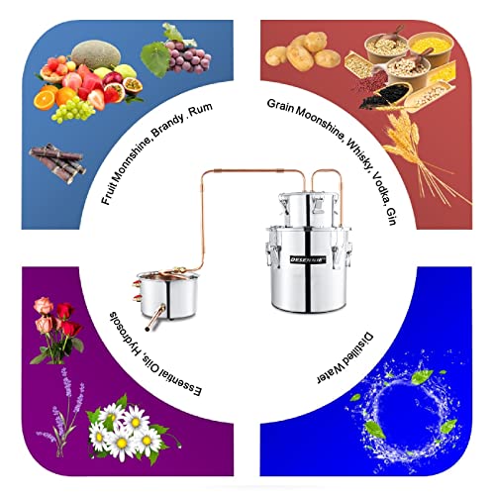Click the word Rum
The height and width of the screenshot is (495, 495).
[200, 110]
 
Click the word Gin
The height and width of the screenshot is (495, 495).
[391, 217]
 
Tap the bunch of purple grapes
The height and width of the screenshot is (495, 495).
[188, 56]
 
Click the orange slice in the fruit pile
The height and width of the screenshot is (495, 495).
[45, 99]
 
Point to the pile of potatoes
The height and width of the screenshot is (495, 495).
[302, 51]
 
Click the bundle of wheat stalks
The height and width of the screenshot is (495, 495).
[426, 158]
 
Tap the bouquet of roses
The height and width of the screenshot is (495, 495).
[56, 330]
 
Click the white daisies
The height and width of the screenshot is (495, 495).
[126, 429]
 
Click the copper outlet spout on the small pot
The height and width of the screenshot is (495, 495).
[155, 318]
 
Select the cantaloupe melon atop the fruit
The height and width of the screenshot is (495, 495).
[96, 54]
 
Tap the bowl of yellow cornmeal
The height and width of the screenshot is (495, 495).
[425, 46]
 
